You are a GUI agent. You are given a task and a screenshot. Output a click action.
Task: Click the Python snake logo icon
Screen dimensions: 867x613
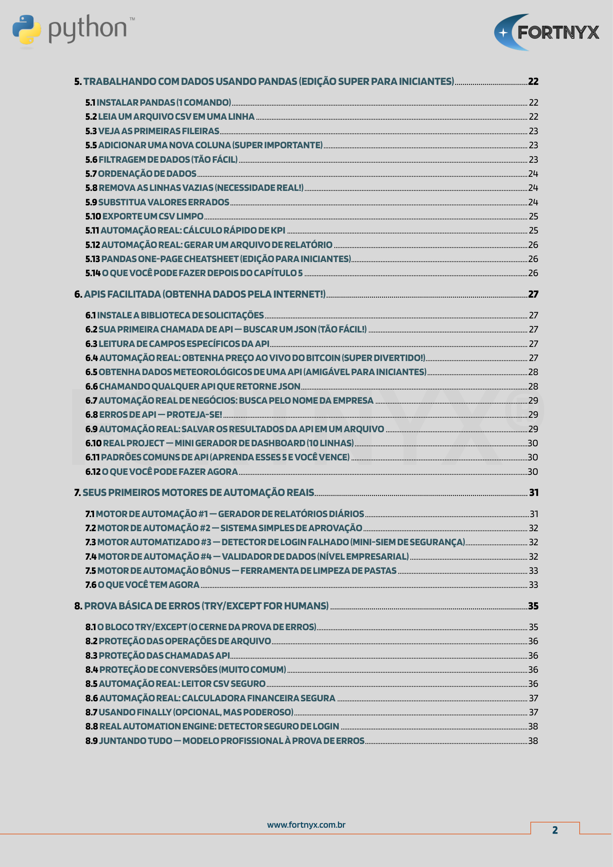pos(26,30)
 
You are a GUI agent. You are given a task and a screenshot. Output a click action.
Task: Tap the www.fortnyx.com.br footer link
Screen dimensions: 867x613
pos(306,825)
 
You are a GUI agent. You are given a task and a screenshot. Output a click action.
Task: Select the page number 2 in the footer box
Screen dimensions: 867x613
pos(554,830)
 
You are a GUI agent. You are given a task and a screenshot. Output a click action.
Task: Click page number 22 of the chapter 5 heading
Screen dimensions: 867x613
pos(533,82)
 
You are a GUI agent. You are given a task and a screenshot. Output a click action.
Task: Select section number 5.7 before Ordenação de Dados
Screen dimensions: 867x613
pos(91,174)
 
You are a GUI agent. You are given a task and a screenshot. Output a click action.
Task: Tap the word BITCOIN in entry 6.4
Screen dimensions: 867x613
pos(323,358)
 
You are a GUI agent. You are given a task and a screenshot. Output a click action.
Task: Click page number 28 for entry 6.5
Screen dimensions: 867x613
pos(533,372)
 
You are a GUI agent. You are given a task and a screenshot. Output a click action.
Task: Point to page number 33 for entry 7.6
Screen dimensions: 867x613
pos(533,585)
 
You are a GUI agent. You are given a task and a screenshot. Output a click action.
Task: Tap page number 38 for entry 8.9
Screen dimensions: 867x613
pos(533,741)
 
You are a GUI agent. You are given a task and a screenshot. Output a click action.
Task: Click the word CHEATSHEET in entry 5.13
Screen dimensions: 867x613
pos(211,259)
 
